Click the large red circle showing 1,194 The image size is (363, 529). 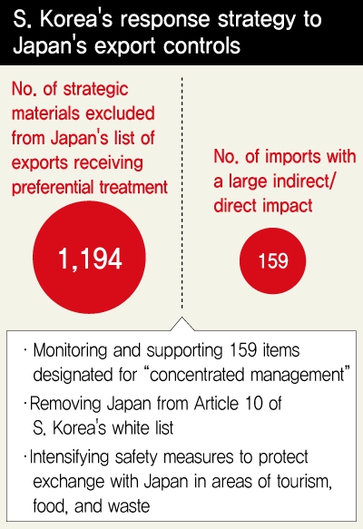click(x=90, y=258)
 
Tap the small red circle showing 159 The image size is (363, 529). click(x=272, y=260)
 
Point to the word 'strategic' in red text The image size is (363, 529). click(x=96, y=90)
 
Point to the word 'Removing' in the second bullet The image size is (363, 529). click(x=65, y=404)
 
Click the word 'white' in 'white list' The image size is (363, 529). click(x=132, y=427)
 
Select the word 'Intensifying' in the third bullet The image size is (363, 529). click(x=70, y=457)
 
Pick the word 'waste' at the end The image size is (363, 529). click(x=129, y=506)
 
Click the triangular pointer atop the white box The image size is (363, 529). click(x=181, y=324)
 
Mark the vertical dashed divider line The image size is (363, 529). click(x=181, y=192)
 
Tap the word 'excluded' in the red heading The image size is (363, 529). click(x=120, y=113)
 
